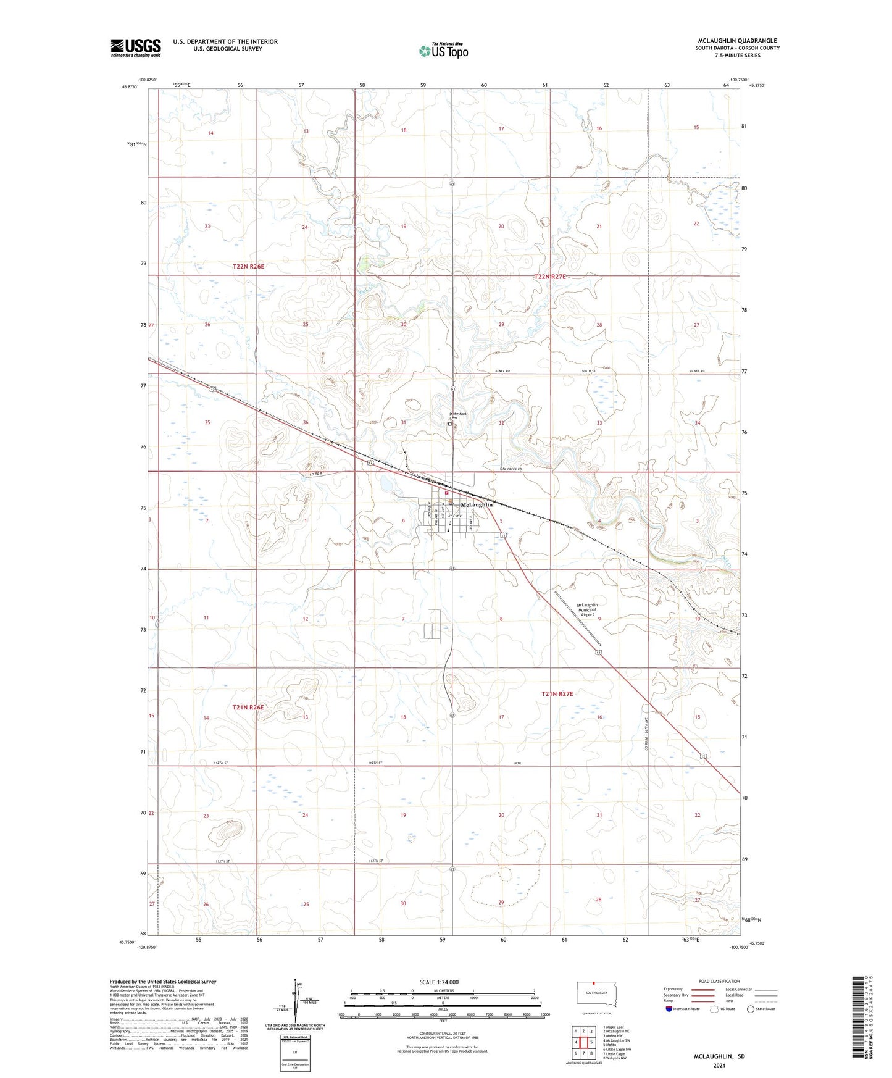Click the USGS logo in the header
135,48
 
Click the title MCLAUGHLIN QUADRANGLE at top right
736,41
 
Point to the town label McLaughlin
477,504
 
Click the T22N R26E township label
248,266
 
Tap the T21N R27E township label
557,694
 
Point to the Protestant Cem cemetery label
457,416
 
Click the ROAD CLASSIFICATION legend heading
719,981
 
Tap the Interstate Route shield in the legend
669,1009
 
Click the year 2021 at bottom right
719,1066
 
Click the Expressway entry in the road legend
673,989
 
